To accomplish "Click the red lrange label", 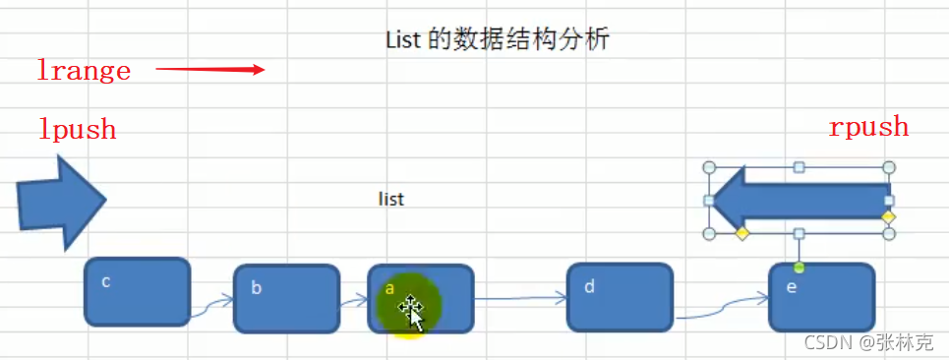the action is tap(84, 71).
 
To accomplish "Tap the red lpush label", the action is tap(78, 129).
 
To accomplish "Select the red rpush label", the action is tap(868, 127).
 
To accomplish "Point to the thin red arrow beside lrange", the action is tap(210, 70).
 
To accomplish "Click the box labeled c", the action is tap(137, 292).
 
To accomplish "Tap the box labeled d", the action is tap(620, 297).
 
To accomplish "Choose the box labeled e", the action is tap(821, 297).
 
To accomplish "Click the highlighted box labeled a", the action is tap(421, 297).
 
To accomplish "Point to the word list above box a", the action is tap(391, 200).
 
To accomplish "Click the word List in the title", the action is tap(402, 40).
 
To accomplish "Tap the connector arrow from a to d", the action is tap(521, 297).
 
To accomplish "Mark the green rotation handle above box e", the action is tap(799, 268).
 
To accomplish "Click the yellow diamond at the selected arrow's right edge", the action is tap(888, 216).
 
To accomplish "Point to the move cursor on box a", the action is tap(411, 312).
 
